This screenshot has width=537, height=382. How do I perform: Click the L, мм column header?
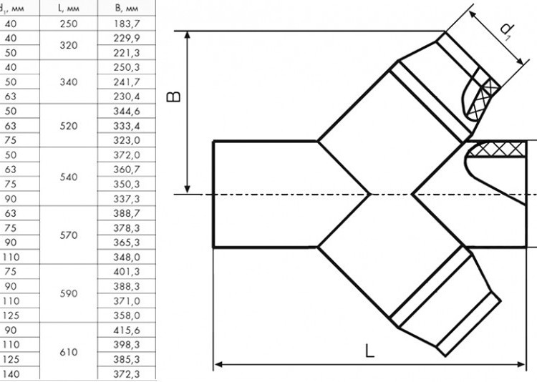(69, 8)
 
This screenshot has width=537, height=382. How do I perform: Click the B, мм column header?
(126, 8)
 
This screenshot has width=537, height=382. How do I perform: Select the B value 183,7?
(126, 24)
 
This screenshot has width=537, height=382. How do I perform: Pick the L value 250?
(69, 24)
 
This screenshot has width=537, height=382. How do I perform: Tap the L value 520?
(69, 126)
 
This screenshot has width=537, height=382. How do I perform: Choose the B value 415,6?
(126, 330)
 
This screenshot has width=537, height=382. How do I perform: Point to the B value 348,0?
(126, 257)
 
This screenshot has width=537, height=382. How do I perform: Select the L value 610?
(69, 352)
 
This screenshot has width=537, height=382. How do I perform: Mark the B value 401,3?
(126, 271)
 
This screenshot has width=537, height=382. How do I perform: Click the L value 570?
(69, 235)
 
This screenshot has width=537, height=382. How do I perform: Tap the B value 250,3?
(126, 67)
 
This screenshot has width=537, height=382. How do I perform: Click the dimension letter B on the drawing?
(173, 97)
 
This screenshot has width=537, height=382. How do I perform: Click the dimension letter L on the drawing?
(369, 351)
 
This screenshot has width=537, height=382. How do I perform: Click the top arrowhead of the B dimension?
(188, 34)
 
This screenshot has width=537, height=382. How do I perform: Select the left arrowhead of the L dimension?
(218, 364)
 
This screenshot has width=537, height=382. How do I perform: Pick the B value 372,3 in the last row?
(126, 374)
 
